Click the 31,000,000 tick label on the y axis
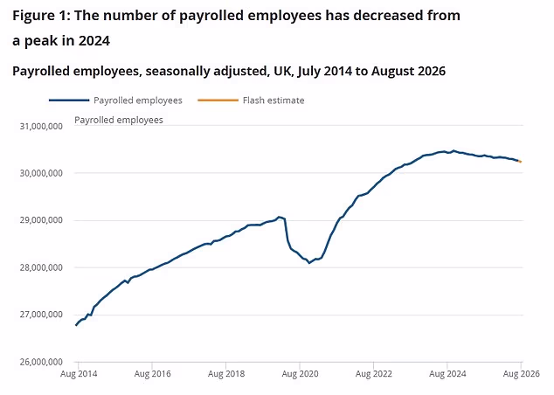pos(41,126)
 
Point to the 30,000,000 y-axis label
pos(41,173)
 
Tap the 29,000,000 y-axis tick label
pos(41,220)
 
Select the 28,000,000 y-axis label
pos(41,267)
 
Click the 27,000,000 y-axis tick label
pos(41,315)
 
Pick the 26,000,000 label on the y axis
pos(41,362)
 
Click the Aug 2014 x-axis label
pos(79,374)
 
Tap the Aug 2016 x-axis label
pos(152,374)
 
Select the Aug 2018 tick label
pos(226,374)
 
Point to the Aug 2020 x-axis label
pos(300,374)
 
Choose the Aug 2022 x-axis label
pos(374,374)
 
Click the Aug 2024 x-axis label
pos(447,374)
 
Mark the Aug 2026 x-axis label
pos(522,374)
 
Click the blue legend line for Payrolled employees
pos(69,100)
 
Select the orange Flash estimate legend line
pos(218,100)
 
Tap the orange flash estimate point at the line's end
pos(520,162)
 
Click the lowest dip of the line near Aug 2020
pos(309,263)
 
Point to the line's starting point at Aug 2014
pos(76,325)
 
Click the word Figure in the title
pos(31,17)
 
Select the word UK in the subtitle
pos(283,71)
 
